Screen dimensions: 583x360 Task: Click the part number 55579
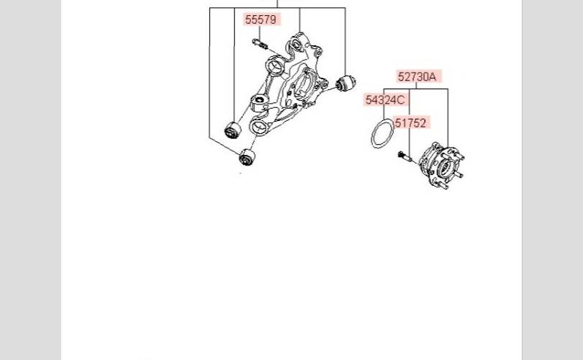point(261,19)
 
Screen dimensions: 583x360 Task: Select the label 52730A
point(417,76)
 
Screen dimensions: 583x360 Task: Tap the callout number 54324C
point(385,100)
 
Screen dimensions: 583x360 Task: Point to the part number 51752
point(410,122)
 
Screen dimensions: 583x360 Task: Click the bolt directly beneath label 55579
point(261,44)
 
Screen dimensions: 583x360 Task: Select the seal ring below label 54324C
point(383,133)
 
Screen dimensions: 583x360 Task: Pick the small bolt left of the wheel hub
point(405,156)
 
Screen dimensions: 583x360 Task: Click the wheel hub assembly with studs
point(441,166)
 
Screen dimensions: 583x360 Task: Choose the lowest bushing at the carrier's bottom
point(248,157)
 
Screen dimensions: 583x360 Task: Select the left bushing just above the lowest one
point(232,130)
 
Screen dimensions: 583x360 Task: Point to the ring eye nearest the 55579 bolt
point(276,66)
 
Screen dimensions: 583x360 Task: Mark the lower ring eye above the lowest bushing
point(258,127)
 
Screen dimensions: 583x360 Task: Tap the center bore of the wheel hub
point(443,168)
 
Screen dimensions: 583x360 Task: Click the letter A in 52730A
point(432,76)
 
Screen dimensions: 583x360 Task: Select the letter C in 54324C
point(400,100)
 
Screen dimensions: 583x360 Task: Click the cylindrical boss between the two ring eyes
point(260,102)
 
